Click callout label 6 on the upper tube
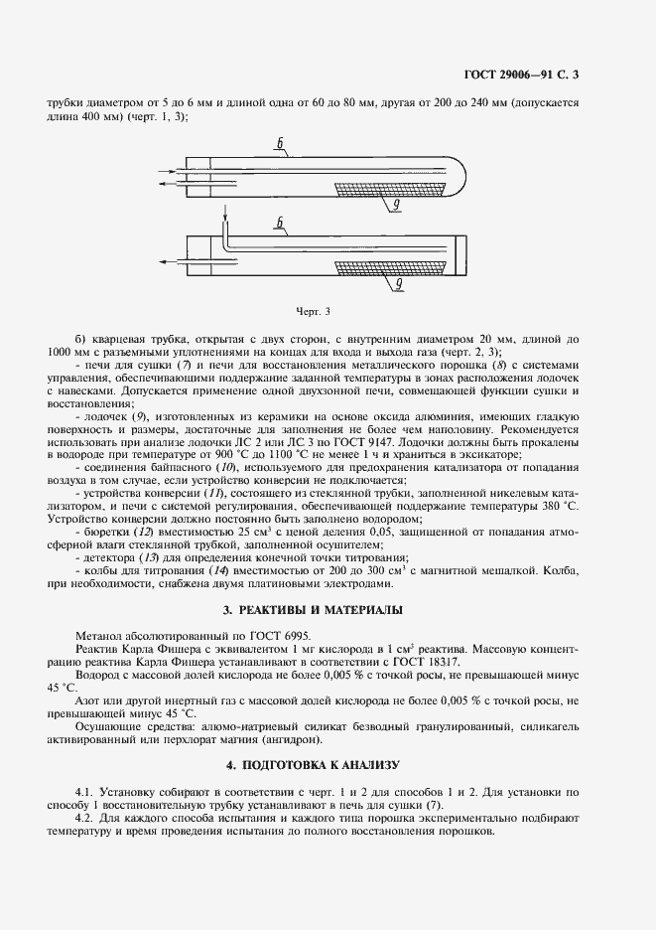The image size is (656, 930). (x=281, y=150)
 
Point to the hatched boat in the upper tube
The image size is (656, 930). (x=392, y=187)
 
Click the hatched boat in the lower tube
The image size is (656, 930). (x=395, y=265)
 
